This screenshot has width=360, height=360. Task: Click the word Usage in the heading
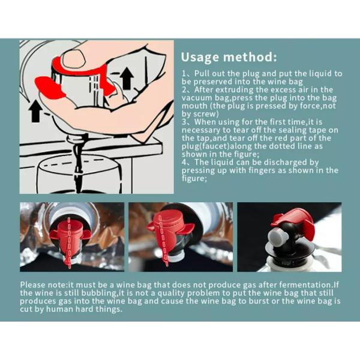pyautogui.click(x=200, y=57)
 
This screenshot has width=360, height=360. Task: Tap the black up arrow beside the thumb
pyautogui.click(x=127, y=78)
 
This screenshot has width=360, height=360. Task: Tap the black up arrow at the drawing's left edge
pyautogui.click(x=35, y=111)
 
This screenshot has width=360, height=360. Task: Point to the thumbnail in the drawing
pyautogui.click(x=74, y=59)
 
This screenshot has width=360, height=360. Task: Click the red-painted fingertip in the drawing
pyautogui.click(x=49, y=88)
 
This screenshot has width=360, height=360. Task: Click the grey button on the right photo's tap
pyautogui.click(x=277, y=237)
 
